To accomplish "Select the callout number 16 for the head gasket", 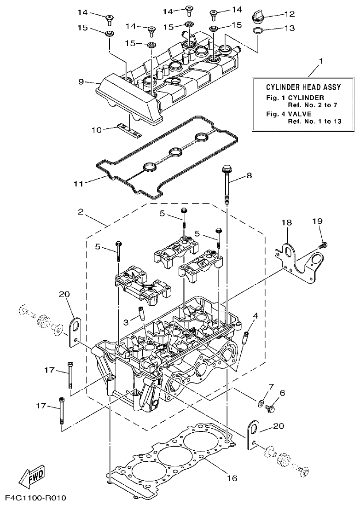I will [232, 478].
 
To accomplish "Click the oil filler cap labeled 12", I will [258, 17].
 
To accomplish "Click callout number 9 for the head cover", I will [81, 82].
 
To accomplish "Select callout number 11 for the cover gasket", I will [79, 183].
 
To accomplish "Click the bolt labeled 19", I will [323, 244].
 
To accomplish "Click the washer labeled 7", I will [261, 403].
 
